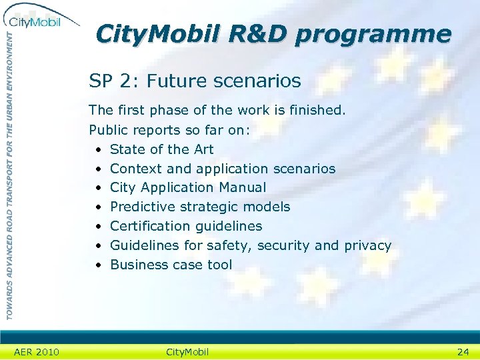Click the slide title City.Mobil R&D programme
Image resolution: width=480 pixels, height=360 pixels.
273,34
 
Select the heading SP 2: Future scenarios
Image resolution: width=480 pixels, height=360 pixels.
195,81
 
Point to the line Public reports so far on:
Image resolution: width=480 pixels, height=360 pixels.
169,130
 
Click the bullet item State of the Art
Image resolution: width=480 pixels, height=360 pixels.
161,149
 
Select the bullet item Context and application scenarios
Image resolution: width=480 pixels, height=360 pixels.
223,169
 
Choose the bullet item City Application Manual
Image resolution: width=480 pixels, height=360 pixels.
187,188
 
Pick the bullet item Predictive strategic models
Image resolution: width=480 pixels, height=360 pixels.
200,207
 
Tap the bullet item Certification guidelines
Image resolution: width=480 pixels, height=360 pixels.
186,226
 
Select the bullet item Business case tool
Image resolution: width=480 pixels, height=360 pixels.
171,265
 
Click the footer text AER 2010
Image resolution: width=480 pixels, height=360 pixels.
36,351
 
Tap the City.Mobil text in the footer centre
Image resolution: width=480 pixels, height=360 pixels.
187,351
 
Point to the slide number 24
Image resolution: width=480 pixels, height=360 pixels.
463,351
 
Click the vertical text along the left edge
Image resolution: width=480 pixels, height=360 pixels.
9,173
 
